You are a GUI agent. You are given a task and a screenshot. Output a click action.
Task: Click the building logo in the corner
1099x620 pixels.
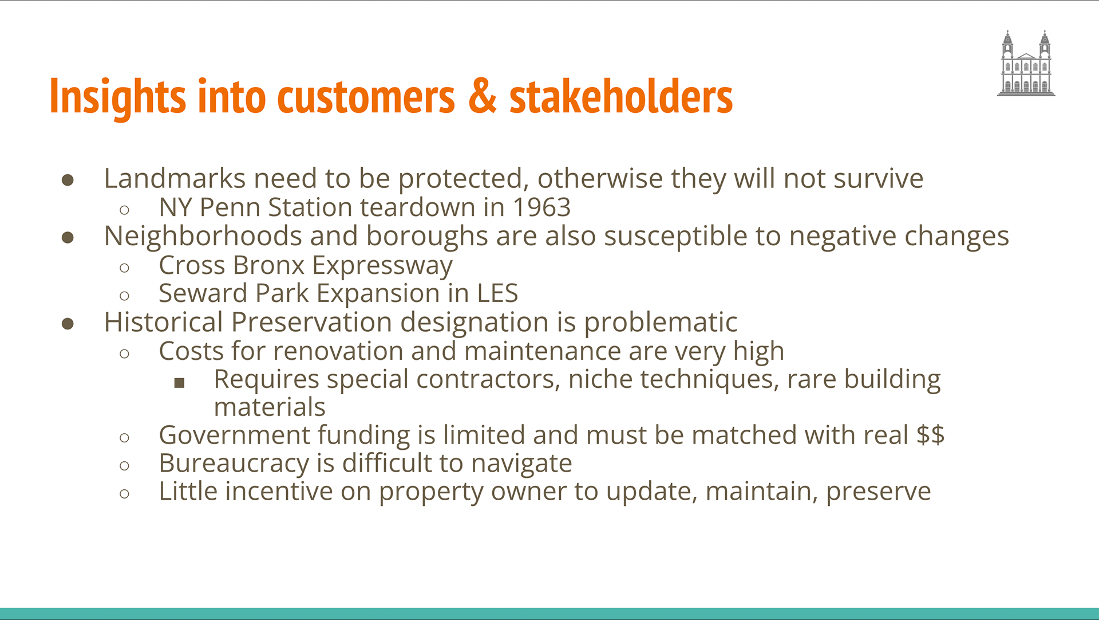coord(1026,63)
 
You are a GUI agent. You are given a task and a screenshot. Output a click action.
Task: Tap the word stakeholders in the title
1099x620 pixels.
coord(621,96)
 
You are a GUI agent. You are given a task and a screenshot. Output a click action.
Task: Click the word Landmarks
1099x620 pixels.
coord(175,178)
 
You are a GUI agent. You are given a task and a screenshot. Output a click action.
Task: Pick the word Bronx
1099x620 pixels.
coord(268,265)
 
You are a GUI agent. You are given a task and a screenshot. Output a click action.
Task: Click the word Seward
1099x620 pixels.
coord(203,293)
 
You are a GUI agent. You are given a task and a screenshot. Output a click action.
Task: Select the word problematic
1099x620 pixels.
coord(661,323)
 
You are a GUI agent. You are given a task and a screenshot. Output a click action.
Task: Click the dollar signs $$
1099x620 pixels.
coord(930,435)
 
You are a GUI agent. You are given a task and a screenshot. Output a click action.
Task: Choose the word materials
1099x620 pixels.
coord(270,407)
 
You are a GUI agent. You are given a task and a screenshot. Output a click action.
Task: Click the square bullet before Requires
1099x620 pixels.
coord(179,383)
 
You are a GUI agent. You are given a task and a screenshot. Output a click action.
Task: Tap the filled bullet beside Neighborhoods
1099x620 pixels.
coord(68,237)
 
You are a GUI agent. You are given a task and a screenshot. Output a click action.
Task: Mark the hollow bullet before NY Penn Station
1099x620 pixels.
coord(124,210)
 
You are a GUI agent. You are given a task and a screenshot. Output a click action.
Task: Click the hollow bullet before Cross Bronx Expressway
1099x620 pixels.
coord(124,268)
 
